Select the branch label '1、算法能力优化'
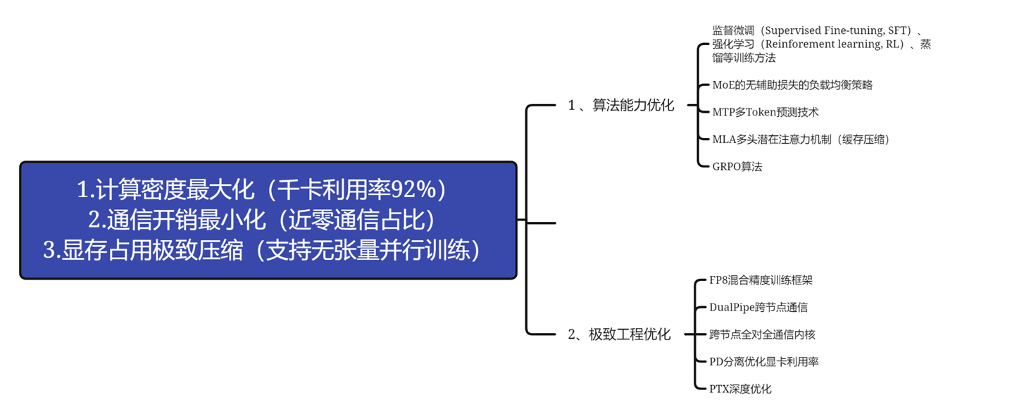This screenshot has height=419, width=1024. click(x=620, y=106)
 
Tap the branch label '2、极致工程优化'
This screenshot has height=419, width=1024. click(x=619, y=334)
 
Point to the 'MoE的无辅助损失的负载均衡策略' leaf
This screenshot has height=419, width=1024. click(x=792, y=85)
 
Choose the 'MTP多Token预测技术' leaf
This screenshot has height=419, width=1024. click(x=765, y=112)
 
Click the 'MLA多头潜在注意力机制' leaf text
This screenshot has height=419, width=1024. click(x=800, y=139)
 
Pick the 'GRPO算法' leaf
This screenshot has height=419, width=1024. click(x=737, y=167)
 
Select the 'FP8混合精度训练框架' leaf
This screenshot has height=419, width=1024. click(x=760, y=280)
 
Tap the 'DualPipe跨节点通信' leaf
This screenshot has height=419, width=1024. click(x=758, y=307)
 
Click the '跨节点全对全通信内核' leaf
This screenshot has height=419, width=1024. click(x=761, y=334)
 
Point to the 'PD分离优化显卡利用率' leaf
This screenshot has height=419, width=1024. click(x=763, y=362)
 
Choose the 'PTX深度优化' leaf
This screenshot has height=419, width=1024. click(x=739, y=389)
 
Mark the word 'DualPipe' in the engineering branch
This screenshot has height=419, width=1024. click(x=731, y=307)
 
